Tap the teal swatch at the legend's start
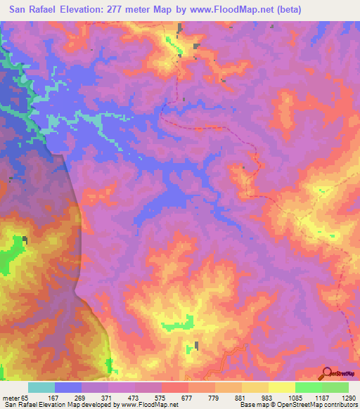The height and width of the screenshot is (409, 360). click(41, 387)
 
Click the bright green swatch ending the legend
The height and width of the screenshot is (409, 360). click(335, 387)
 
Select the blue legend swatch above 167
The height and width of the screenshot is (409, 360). click(68, 387)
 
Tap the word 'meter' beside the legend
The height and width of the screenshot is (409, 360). click(13, 396)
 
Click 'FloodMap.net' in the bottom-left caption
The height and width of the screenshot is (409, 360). click(159, 405)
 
